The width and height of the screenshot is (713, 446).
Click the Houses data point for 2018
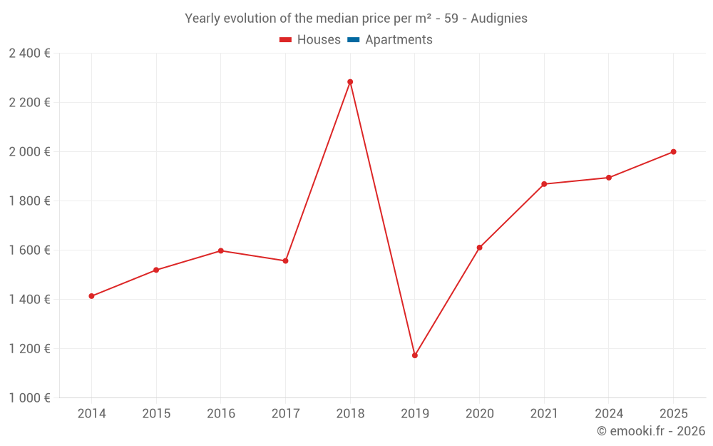pyautogui.click(x=350, y=82)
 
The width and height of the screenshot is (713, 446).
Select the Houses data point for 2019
pyautogui.click(x=415, y=355)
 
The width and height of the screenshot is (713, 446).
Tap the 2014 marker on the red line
pyautogui.click(x=91, y=296)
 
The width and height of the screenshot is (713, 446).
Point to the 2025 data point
pyautogui.click(x=673, y=152)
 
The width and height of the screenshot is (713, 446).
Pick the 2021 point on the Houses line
pyautogui.click(x=544, y=184)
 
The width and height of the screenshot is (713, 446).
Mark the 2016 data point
pyautogui.click(x=221, y=250)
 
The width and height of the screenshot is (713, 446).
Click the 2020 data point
pyautogui.click(x=479, y=248)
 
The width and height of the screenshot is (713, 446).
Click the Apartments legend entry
pyautogui.click(x=399, y=40)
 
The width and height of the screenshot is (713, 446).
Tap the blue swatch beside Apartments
pyautogui.click(x=353, y=40)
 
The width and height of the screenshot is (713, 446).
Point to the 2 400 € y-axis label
pyautogui.click(x=29, y=53)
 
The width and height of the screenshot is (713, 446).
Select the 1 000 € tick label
pyautogui.click(x=29, y=398)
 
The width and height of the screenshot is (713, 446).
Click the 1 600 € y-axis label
pyautogui.click(x=29, y=250)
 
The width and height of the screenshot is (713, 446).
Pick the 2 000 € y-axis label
pyautogui.click(x=29, y=152)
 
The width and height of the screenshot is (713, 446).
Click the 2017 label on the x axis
pyautogui.click(x=285, y=414)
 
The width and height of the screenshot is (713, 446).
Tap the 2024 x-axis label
pyautogui.click(x=609, y=414)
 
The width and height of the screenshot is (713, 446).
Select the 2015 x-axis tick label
pyautogui.click(x=156, y=414)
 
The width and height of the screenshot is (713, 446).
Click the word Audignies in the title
pyautogui.click(x=499, y=19)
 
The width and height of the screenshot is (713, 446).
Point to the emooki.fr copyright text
pyautogui.click(x=651, y=431)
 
